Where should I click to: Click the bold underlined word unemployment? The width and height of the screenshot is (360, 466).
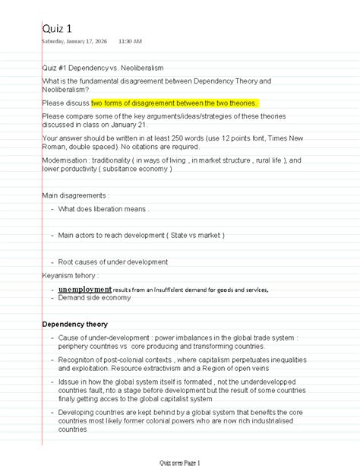point(84,290)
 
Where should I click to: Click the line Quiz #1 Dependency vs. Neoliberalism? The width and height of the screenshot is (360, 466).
point(103,68)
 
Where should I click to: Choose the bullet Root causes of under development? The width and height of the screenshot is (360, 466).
point(112,262)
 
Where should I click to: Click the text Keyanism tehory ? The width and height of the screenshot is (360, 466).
point(71,275)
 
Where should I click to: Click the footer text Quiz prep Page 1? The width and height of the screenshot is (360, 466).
point(179,461)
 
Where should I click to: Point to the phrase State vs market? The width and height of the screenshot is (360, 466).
point(194,236)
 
